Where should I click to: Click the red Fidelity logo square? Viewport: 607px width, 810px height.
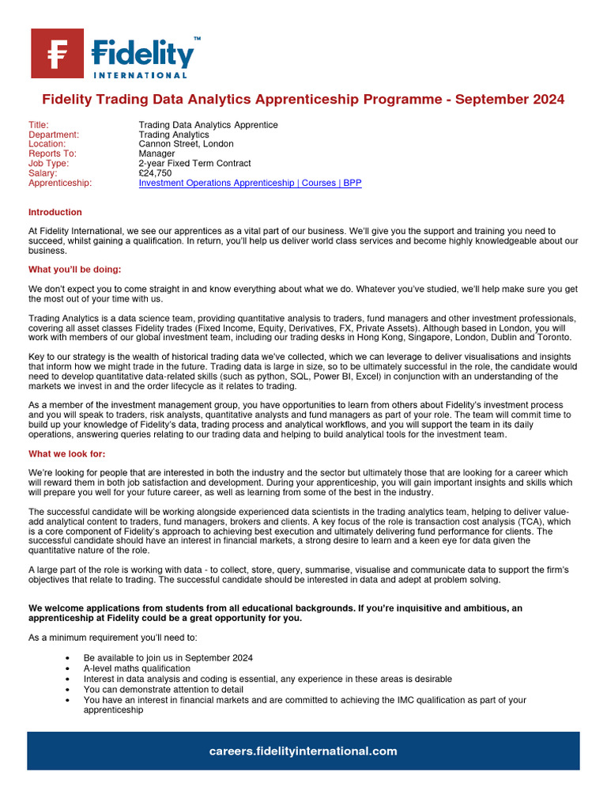[57, 54]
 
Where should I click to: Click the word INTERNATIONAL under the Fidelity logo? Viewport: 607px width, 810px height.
[140, 75]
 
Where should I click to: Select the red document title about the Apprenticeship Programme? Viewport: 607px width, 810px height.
[303, 100]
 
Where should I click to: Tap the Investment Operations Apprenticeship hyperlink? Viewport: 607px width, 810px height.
[216, 183]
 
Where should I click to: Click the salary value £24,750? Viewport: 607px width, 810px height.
[156, 173]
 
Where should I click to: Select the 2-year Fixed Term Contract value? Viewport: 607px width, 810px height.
[194, 164]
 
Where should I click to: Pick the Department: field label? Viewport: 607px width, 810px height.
[54, 134]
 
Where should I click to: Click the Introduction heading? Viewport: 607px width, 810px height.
[55, 212]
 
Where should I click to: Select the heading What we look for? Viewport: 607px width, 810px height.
[66, 453]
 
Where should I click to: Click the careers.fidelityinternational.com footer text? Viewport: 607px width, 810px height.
[303, 751]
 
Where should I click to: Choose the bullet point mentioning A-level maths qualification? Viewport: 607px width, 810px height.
[137, 668]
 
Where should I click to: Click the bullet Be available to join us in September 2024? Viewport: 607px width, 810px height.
[168, 658]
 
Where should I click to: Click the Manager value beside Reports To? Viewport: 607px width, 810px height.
[156, 153]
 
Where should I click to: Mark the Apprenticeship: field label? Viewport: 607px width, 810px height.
[60, 183]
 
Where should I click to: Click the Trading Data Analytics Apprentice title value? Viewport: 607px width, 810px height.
[208, 125]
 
